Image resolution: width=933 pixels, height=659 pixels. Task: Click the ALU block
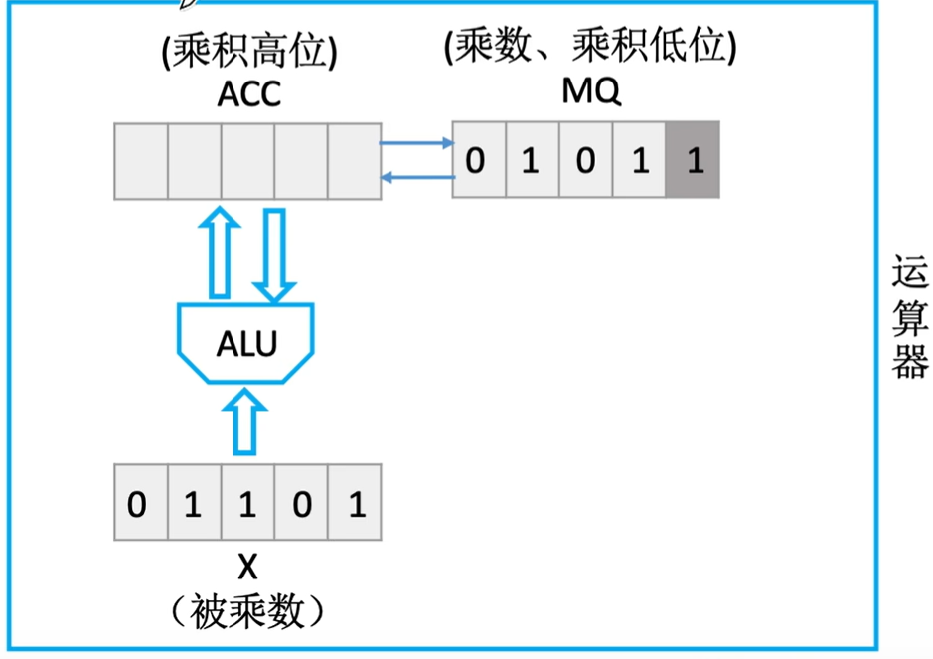pyautogui.click(x=246, y=345)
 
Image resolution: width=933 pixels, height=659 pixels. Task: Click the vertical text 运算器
pyautogui.click(x=908, y=317)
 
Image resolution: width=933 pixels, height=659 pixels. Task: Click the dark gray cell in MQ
pyautogui.click(x=694, y=160)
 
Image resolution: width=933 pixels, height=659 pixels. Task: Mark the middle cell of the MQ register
pyautogui.click(x=585, y=160)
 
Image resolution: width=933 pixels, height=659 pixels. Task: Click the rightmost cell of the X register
pyautogui.click(x=356, y=505)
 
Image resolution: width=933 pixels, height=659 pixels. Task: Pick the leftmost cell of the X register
pyautogui.click(x=140, y=505)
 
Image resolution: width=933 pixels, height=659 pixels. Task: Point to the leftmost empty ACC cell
pyautogui.click(x=140, y=160)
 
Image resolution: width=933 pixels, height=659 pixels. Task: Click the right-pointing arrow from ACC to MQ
pyautogui.click(x=415, y=144)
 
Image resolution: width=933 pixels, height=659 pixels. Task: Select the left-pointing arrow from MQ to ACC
pyautogui.click(x=415, y=177)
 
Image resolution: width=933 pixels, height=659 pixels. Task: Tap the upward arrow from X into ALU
pyautogui.click(x=246, y=421)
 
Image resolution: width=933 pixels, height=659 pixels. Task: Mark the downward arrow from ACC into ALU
pyautogui.click(x=274, y=252)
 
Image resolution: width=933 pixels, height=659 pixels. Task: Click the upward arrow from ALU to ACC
pyautogui.click(x=219, y=252)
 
